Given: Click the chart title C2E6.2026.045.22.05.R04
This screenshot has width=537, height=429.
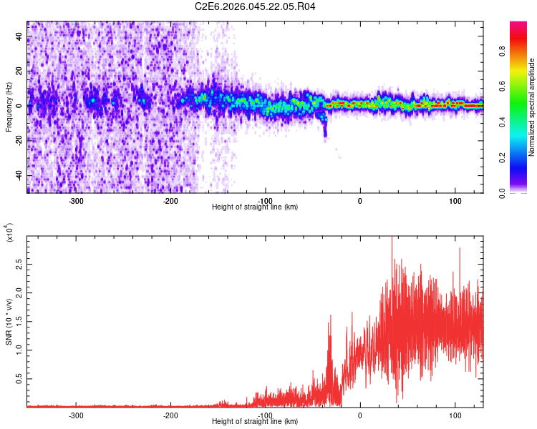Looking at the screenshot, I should (256, 6).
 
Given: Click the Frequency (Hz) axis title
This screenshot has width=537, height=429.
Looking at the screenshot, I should (9, 107).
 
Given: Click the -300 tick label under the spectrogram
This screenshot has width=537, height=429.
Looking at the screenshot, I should (76, 199).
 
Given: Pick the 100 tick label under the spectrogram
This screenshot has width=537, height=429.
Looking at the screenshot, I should (455, 199).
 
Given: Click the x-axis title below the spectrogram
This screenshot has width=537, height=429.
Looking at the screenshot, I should (255, 207).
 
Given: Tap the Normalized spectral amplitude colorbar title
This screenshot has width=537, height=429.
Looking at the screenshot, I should (532, 107).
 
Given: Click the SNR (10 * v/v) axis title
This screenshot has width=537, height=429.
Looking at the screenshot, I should (9, 321).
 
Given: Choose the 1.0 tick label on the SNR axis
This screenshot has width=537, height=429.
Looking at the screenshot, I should (18, 350).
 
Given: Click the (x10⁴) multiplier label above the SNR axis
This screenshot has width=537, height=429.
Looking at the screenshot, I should (9, 233).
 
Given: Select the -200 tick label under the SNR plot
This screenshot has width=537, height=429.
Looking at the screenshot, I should (170, 415).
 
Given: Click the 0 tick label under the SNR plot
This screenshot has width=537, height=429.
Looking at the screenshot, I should (360, 415).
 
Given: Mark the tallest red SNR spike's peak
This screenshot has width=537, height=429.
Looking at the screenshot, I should (392, 238).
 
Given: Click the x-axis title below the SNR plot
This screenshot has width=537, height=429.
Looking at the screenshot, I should (255, 423).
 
